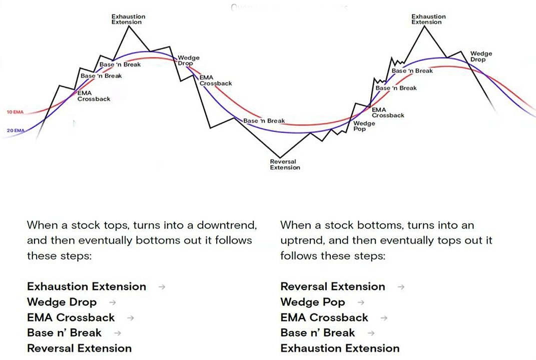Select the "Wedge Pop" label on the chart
(364, 126)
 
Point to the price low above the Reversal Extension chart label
(281, 156)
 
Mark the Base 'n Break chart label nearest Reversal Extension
(264, 121)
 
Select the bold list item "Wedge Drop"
(62, 302)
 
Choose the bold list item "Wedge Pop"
(313, 302)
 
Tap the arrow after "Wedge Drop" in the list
(113, 302)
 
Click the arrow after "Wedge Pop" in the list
(361, 302)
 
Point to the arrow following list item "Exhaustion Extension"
(162, 287)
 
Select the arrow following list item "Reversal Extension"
(401, 287)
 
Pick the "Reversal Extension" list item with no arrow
(79, 348)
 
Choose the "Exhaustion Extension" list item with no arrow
(340, 348)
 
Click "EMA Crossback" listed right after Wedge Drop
(71, 317)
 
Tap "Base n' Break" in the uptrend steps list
(317, 333)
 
